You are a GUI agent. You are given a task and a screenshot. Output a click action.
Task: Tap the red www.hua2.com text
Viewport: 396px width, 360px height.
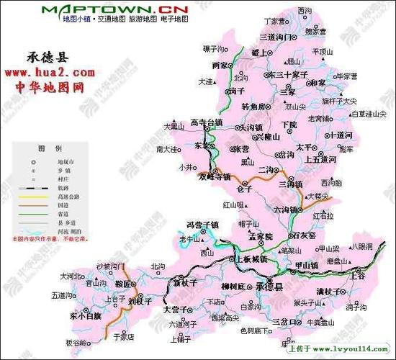(50, 73)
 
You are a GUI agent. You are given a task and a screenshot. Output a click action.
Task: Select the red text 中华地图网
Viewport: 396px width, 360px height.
(50, 87)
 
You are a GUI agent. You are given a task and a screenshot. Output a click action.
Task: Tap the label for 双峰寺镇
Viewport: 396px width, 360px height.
(215, 176)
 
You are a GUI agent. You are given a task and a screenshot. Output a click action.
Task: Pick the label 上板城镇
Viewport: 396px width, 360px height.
(252, 258)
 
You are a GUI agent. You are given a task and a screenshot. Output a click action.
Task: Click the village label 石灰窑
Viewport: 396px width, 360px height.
(304, 235)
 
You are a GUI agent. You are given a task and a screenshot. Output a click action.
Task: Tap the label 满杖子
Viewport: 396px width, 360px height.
(332, 290)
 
